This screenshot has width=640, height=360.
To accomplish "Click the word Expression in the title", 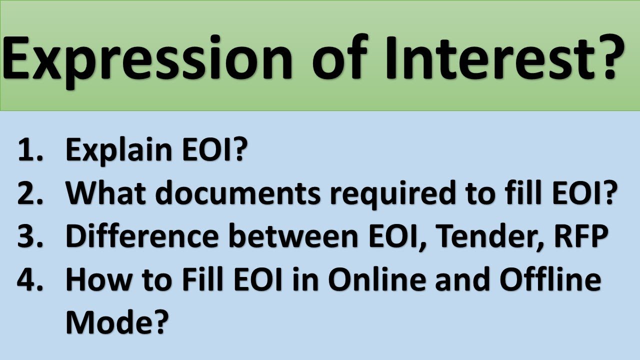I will point(147,57).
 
